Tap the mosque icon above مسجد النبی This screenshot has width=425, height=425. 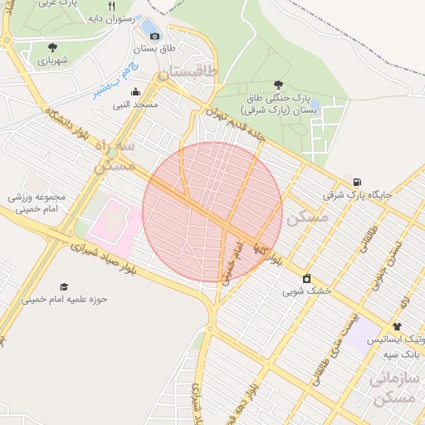(x=136, y=92)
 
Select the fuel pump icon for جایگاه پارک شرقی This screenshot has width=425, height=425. (x=357, y=182)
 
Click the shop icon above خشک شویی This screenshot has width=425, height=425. (x=306, y=278)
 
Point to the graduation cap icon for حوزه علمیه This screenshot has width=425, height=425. (x=64, y=286)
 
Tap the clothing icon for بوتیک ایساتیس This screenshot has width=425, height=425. (x=397, y=326)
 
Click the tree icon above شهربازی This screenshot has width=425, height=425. (x=53, y=48)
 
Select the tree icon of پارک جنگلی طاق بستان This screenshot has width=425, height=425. (x=277, y=85)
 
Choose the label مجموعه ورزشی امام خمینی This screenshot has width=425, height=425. (x=37, y=205)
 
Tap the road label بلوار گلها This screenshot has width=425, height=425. (x=267, y=253)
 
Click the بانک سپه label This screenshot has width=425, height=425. (x=404, y=354)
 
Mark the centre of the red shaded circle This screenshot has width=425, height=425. (x=212, y=212)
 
